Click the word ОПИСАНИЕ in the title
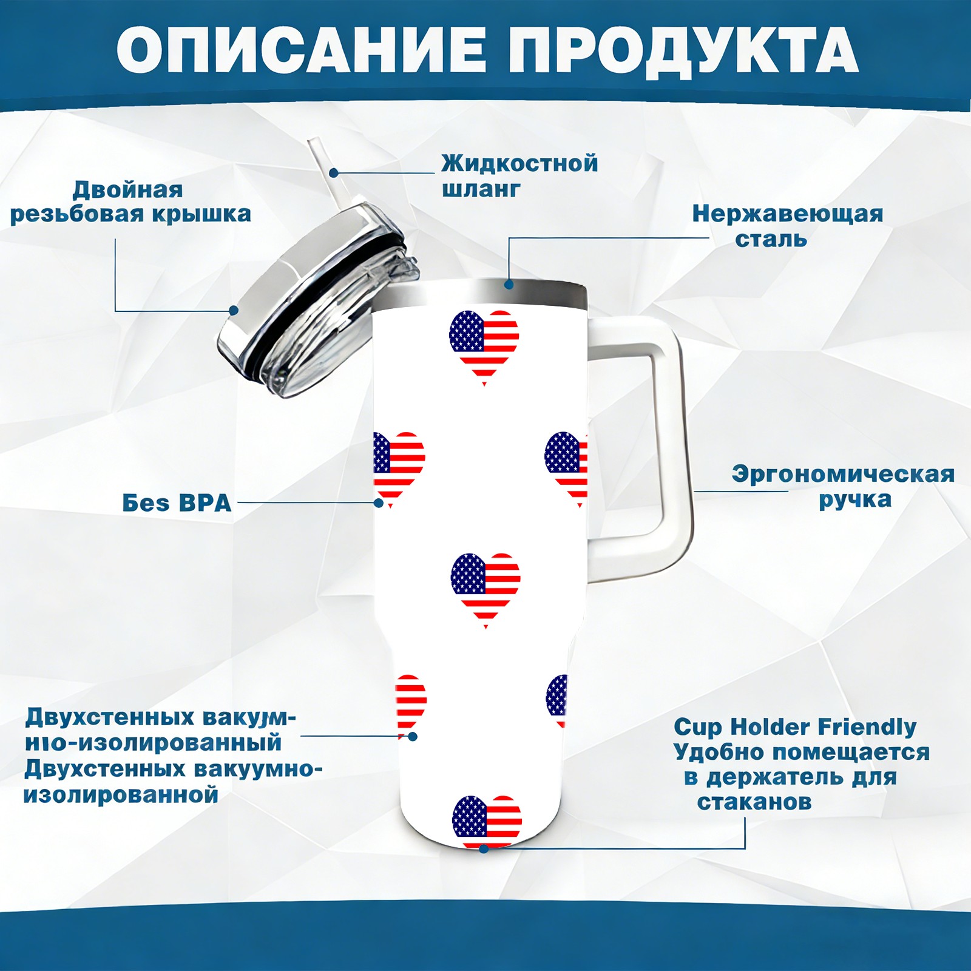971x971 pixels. [301, 50]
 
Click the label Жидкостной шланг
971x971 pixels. [519, 175]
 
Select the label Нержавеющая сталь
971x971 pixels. [787, 226]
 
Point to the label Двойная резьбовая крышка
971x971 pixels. [130, 201]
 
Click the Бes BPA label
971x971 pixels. [177, 502]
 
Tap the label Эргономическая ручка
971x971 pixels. [843, 487]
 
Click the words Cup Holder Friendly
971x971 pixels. [795, 726]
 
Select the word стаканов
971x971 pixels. [754, 802]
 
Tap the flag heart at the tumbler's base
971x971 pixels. [487, 821]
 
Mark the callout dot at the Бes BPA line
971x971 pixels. [379, 502]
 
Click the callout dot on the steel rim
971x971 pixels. [509, 284]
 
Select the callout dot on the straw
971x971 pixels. [334, 172]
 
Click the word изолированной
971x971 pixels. [121, 794]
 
